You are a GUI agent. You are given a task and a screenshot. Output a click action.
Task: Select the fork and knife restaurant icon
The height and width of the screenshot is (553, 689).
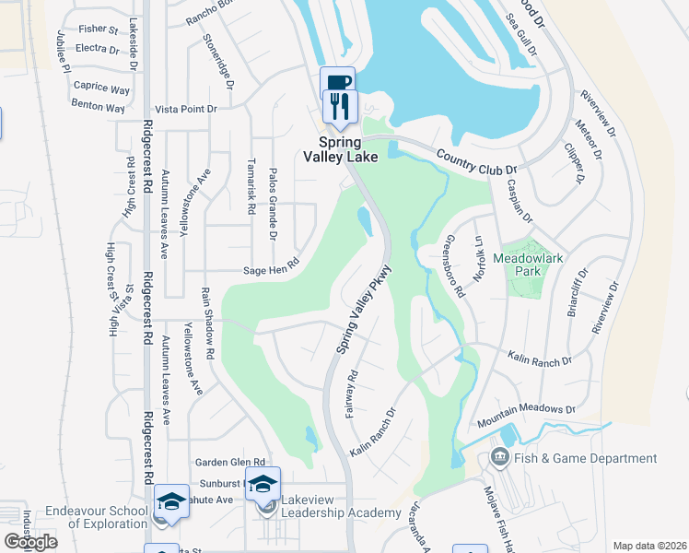point(338,109)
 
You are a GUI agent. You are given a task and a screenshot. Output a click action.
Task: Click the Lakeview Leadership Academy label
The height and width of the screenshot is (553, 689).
point(341,512)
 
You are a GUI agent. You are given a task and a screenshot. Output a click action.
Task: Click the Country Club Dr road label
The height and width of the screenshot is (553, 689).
point(477,162)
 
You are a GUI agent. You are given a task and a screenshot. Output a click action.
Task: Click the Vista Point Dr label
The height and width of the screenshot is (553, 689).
point(185,109)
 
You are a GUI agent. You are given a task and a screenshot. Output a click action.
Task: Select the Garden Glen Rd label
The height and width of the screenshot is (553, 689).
point(229,462)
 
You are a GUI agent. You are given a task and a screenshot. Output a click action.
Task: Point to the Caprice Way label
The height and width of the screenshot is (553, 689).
point(101,88)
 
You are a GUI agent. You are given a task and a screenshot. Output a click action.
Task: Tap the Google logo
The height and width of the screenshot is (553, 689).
point(30,541)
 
